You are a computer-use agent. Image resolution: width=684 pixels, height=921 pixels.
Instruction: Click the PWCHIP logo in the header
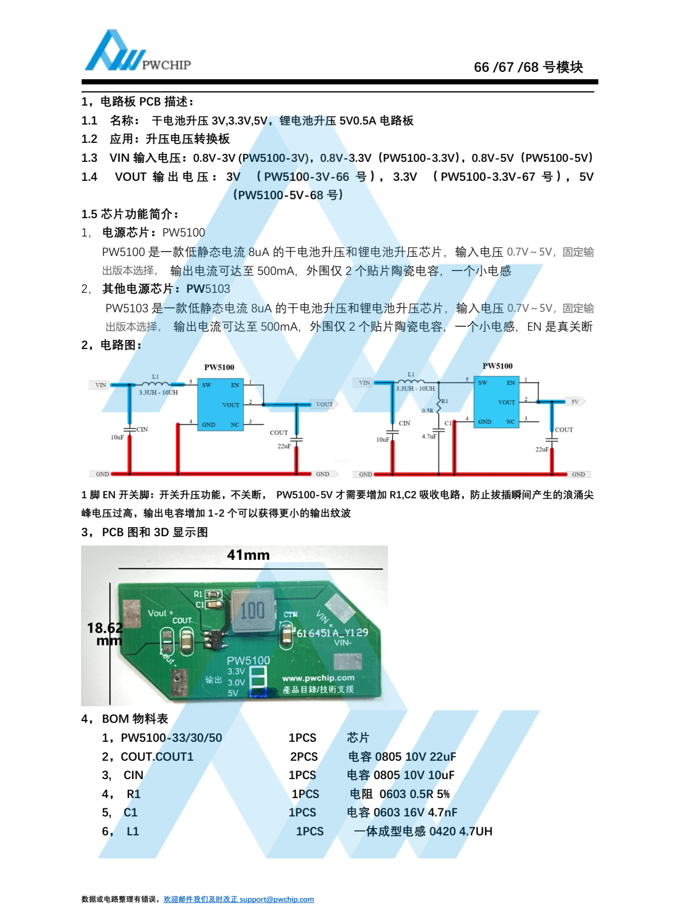(137, 51)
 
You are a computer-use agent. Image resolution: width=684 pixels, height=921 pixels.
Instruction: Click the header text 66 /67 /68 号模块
(528, 67)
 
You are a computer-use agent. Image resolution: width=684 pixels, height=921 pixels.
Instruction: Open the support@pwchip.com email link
(276, 899)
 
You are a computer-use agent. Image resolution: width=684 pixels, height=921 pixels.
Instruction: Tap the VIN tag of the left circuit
(100, 385)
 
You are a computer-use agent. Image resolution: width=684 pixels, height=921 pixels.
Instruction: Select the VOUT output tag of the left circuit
(324, 404)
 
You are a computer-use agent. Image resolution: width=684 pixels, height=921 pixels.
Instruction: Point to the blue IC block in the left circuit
(220, 404)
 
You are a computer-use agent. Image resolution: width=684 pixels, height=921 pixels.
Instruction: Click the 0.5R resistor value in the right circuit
(427, 411)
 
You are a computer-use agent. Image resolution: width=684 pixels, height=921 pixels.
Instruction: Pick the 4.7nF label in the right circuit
(429, 436)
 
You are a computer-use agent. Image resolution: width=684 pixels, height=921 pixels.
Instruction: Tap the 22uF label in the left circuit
(284, 446)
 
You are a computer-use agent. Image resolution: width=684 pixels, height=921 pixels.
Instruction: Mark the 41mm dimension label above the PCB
(248, 555)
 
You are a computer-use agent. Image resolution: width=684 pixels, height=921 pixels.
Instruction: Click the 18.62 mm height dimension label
(105, 634)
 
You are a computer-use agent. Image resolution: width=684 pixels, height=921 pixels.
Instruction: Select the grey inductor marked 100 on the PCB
(253, 610)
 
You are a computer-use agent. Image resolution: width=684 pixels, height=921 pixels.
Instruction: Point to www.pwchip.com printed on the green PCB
(318, 678)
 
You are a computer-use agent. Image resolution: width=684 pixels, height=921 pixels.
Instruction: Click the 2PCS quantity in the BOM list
(303, 757)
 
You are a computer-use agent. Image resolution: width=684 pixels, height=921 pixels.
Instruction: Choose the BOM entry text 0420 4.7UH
(461, 831)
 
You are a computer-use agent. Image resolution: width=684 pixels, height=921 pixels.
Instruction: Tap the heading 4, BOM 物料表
(125, 719)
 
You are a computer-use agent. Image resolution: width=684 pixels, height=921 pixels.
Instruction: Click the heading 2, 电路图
(112, 345)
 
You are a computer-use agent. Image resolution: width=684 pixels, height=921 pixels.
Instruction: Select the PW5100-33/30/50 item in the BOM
(171, 737)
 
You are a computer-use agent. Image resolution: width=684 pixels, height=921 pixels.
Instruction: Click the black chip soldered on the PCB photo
(216, 638)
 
